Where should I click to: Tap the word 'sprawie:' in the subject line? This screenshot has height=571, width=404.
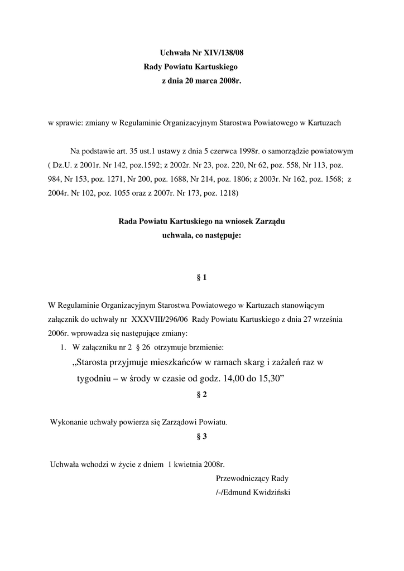(x=70, y=123)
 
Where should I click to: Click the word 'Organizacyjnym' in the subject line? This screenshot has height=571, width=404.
(x=189, y=123)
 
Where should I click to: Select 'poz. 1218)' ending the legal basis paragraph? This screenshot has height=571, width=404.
(x=220, y=193)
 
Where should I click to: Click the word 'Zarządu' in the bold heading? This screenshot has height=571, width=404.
(x=270, y=221)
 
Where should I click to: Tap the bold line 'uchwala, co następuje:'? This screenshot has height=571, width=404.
(x=201, y=235)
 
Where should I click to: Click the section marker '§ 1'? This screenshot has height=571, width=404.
(x=202, y=277)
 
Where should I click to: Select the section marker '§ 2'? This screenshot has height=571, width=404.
(x=202, y=394)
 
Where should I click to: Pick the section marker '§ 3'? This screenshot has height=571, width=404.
(x=202, y=437)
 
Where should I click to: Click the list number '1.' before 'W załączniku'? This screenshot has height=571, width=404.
(x=64, y=347)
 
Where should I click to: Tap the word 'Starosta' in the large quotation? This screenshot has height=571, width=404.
(x=100, y=362)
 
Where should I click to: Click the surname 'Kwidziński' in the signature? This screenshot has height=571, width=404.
(x=270, y=492)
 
